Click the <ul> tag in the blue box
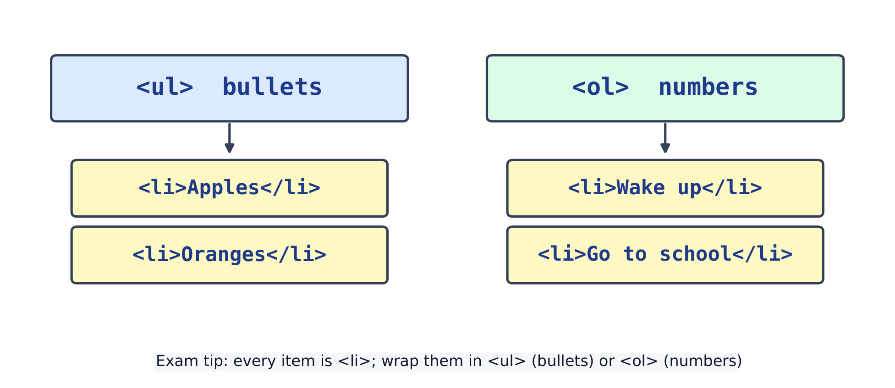point(165,87)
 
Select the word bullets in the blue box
point(272,87)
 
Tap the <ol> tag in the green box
point(601,87)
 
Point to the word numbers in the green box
point(708,87)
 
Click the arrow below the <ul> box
point(230,137)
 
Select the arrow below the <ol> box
point(665,137)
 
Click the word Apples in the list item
point(224,188)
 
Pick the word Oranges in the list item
point(224,254)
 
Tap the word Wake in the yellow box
point(641,188)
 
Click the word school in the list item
point(696,254)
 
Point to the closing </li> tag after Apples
point(291,188)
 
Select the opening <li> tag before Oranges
point(157,254)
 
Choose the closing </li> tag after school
point(762,254)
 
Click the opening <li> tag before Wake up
point(592,188)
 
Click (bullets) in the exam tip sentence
point(563,361)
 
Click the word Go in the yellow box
point(598,254)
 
